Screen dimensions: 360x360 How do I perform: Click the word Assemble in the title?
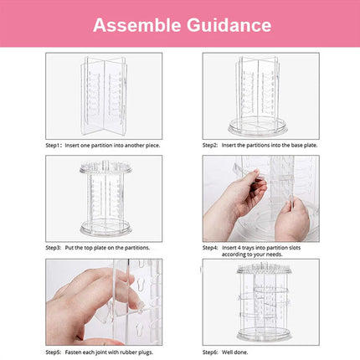[x=134, y=24]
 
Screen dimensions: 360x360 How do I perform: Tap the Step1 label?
[x=55, y=145]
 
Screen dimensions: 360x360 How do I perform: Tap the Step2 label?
[x=212, y=145]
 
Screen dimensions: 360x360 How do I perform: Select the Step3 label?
[x=55, y=247]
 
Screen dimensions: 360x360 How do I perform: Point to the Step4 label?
[x=212, y=247]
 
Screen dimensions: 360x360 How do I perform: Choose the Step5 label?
[x=55, y=352]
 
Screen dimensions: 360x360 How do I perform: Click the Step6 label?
[x=212, y=352]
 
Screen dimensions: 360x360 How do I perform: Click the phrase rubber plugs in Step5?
[x=141, y=352]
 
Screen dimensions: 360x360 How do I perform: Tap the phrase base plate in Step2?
[x=295, y=145]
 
